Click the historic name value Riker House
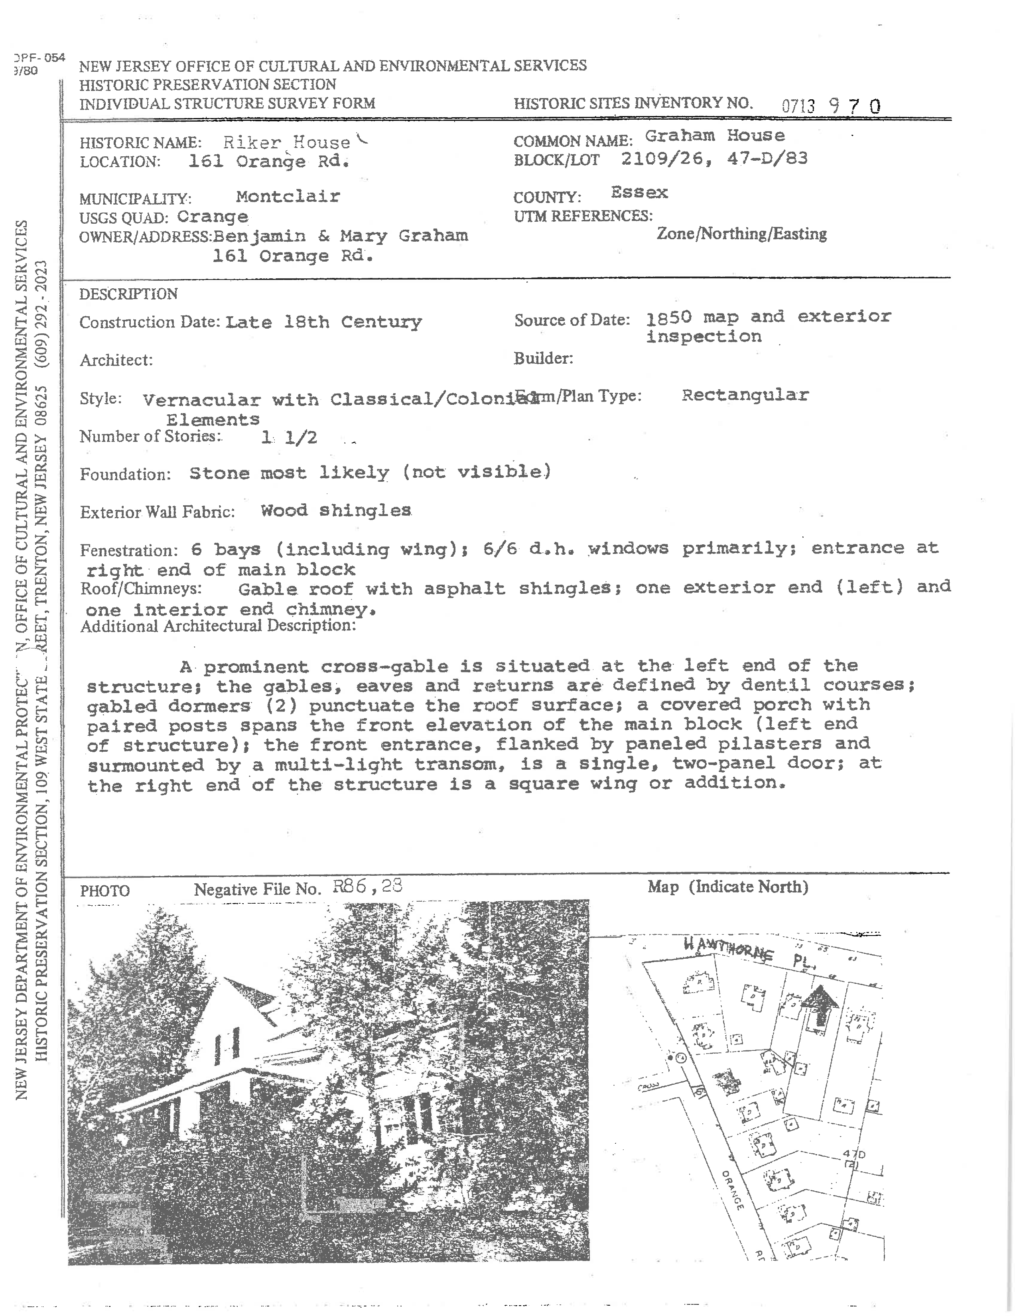pos(287,142)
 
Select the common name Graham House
pos(715,136)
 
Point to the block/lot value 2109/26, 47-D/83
pos(714,158)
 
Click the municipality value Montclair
pos(288,197)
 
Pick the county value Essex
pos(639,193)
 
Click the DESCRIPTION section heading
pos(128,294)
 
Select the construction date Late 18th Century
pos(323,322)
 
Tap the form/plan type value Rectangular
pos(745,395)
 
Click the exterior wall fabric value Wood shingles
pos(335,510)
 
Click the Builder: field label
pos(543,359)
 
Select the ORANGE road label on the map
pos(732,1190)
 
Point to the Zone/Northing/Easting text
pos(741,234)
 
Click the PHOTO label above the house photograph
pos(105,890)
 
